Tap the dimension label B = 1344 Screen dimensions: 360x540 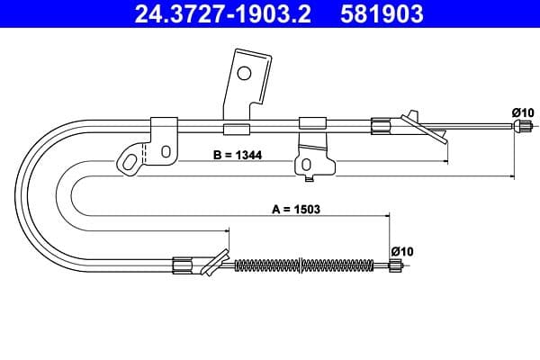237,156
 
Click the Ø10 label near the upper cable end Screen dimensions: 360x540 523,112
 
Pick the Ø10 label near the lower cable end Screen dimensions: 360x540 401,251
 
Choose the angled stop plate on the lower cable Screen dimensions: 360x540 213,262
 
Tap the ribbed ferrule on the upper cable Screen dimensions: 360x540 382,126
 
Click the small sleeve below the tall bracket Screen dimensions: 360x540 236,128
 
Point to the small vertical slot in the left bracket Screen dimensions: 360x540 166,152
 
